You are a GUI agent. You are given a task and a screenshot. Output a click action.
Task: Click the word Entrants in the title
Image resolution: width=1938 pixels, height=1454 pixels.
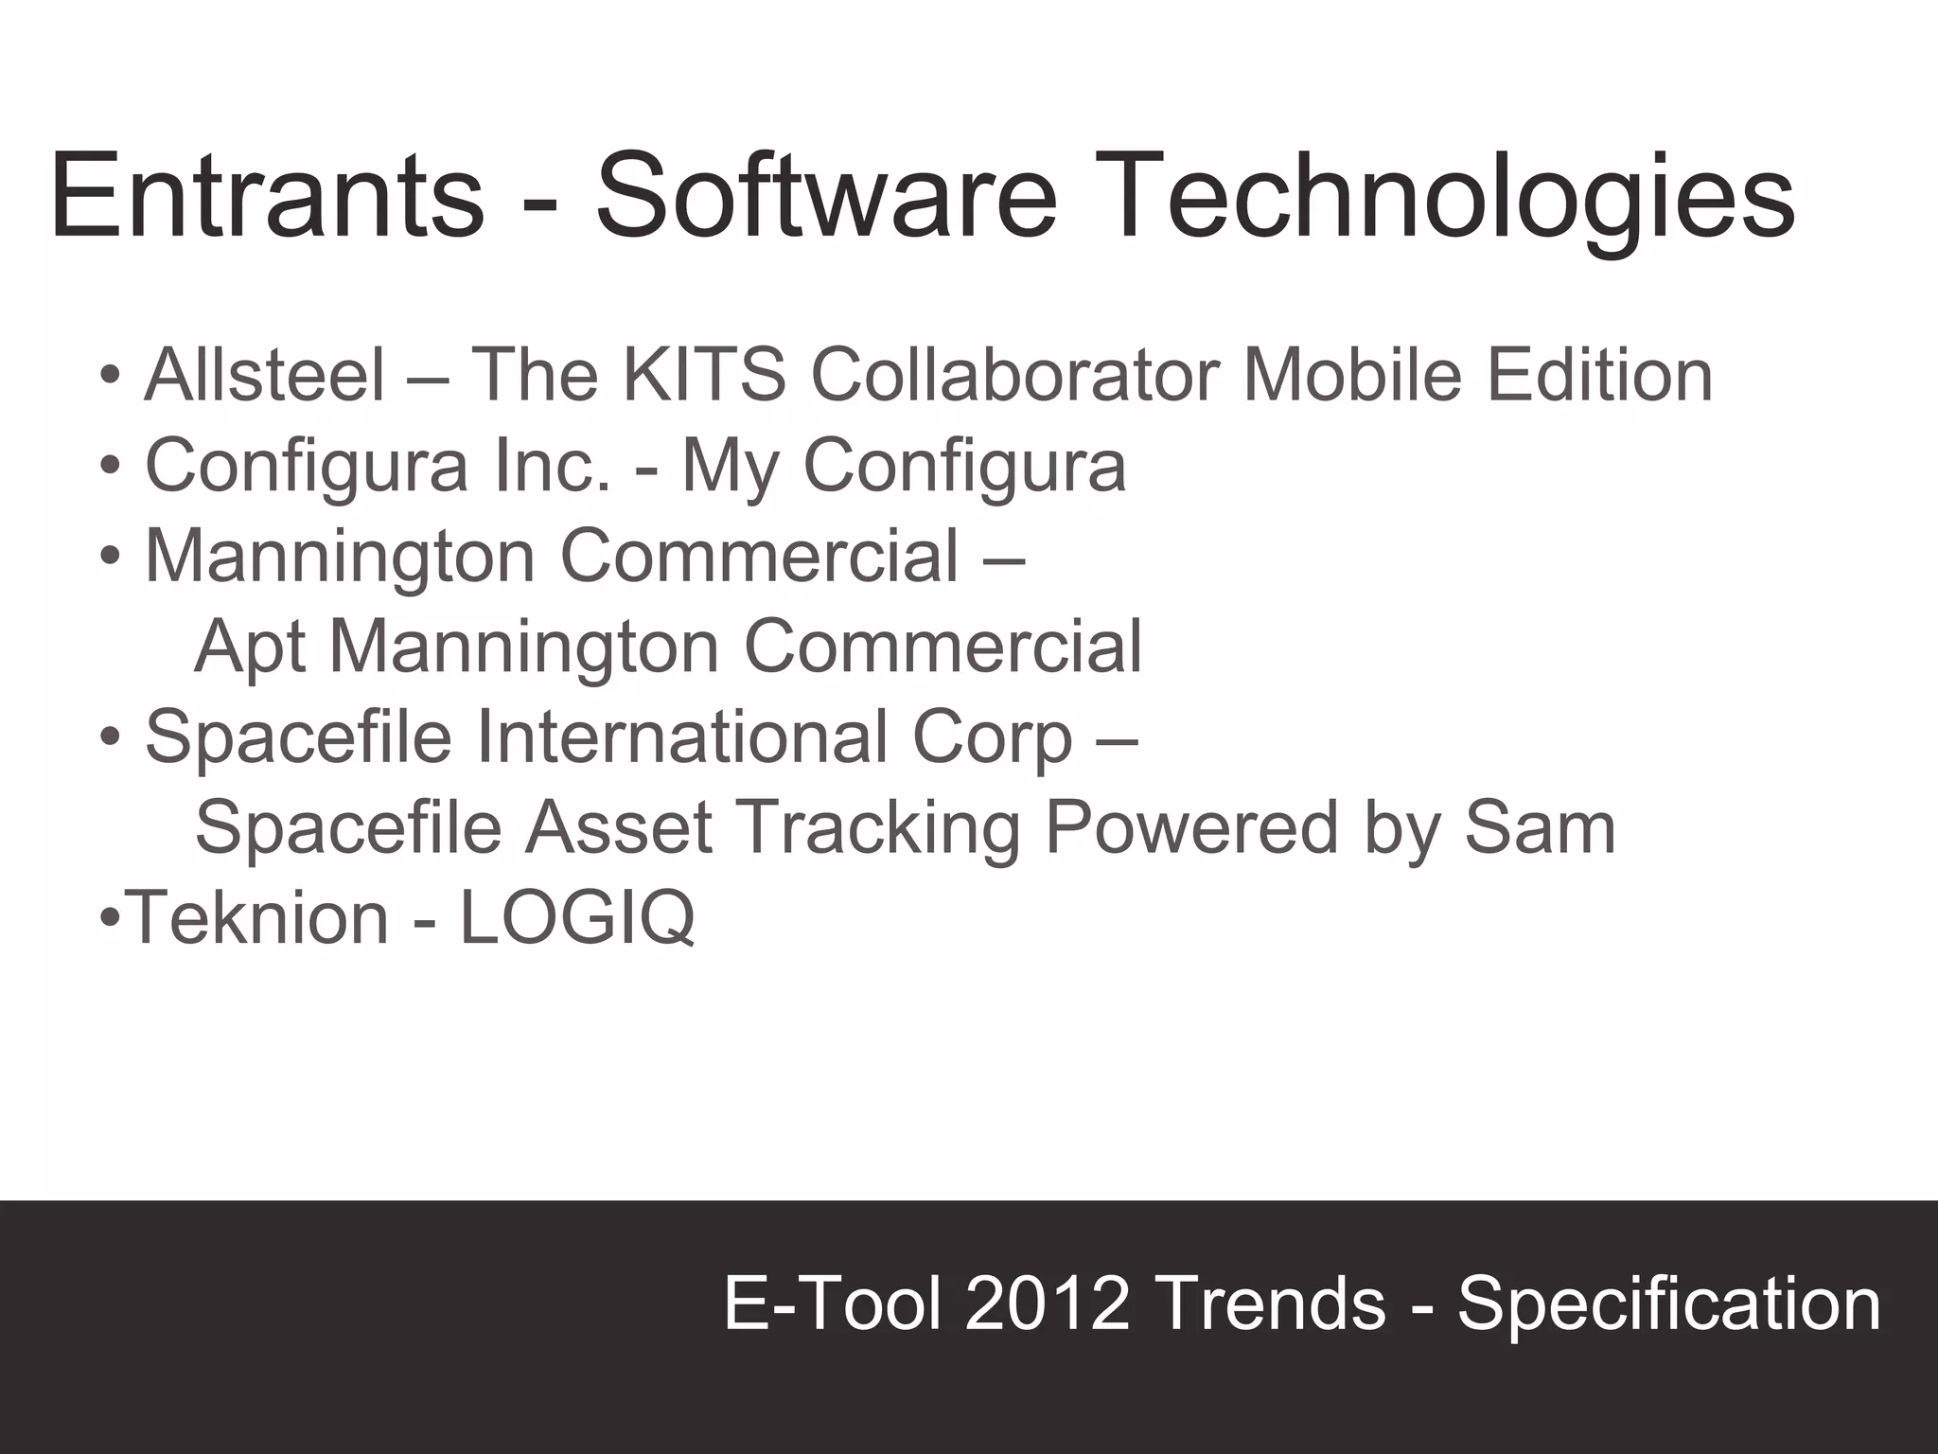(267, 197)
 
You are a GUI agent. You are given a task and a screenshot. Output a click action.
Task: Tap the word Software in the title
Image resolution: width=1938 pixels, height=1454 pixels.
(825, 197)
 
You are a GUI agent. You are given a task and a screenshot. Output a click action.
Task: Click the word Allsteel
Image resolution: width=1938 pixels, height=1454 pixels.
(265, 375)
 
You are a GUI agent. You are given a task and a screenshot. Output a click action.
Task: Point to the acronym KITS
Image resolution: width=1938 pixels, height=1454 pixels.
(704, 375)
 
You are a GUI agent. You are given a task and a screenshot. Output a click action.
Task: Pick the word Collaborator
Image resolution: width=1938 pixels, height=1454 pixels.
(1015, 375)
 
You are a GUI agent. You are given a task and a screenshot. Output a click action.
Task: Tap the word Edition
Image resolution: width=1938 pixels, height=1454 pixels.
(1599, 375)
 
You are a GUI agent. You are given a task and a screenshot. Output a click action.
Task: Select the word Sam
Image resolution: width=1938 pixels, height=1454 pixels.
(1540, 827)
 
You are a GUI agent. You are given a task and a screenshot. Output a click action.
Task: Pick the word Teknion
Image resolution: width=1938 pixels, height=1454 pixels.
(257, 917)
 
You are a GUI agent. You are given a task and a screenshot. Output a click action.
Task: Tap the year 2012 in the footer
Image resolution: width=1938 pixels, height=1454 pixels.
(1048, 1303)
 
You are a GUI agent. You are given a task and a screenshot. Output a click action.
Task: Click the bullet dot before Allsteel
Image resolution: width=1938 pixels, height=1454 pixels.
(110, 376)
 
